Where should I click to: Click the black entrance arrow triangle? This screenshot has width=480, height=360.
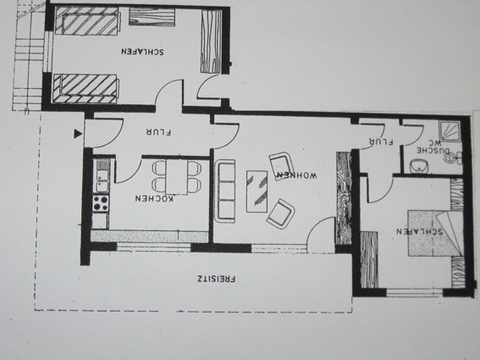[79, 134]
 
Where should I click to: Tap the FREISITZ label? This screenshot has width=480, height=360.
[217, 279]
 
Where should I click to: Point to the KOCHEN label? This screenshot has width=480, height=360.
[154, 198]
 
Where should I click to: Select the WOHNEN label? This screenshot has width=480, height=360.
[296, 175]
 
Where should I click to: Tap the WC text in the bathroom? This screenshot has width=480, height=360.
[438, 143]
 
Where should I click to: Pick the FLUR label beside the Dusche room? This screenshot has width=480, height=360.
[381, 141]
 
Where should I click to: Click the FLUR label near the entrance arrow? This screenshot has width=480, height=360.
[158, 132]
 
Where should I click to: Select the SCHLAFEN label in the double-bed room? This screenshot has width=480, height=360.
[420, 231]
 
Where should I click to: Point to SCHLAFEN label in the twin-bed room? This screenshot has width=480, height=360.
[143, 51]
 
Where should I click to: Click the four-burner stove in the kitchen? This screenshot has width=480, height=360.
[101, 202]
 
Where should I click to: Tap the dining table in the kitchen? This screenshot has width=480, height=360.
[177, 177]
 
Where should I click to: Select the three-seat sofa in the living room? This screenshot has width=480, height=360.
[225, 191]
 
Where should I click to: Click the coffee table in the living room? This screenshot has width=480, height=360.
[257, 191]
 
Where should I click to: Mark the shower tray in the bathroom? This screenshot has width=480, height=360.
[450, 131]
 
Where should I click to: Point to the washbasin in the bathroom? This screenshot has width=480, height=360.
[418, 166]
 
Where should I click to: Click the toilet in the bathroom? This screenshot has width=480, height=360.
[454, 158]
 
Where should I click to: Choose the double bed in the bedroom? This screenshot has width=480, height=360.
[435, 233]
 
